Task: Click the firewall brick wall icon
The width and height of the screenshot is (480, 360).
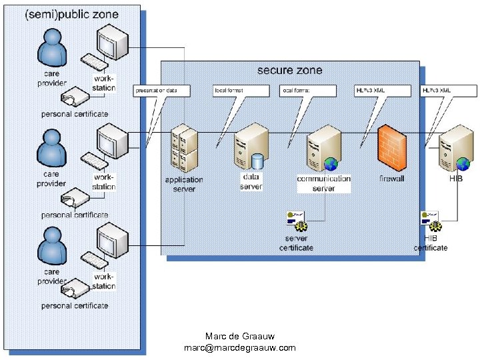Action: [391, 148]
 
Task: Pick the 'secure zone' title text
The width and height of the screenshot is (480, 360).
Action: [289, 70]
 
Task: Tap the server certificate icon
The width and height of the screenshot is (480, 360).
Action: [296, 219]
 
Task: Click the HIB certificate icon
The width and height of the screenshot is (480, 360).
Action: [431, 219]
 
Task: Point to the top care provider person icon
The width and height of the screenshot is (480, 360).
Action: [52, 48]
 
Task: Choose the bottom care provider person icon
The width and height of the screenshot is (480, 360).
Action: [52, 247]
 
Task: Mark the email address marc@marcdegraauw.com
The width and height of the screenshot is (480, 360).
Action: [239, 348]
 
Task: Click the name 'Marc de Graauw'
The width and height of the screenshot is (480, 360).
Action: [239, 336]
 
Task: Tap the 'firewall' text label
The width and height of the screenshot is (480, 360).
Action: [391, 179]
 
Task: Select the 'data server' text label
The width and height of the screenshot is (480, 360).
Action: [251, 181]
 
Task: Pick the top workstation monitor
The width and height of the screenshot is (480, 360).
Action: [111, 41]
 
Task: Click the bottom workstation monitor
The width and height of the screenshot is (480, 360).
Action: [111, 238]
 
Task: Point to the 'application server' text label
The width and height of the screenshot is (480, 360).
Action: [184, 184]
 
